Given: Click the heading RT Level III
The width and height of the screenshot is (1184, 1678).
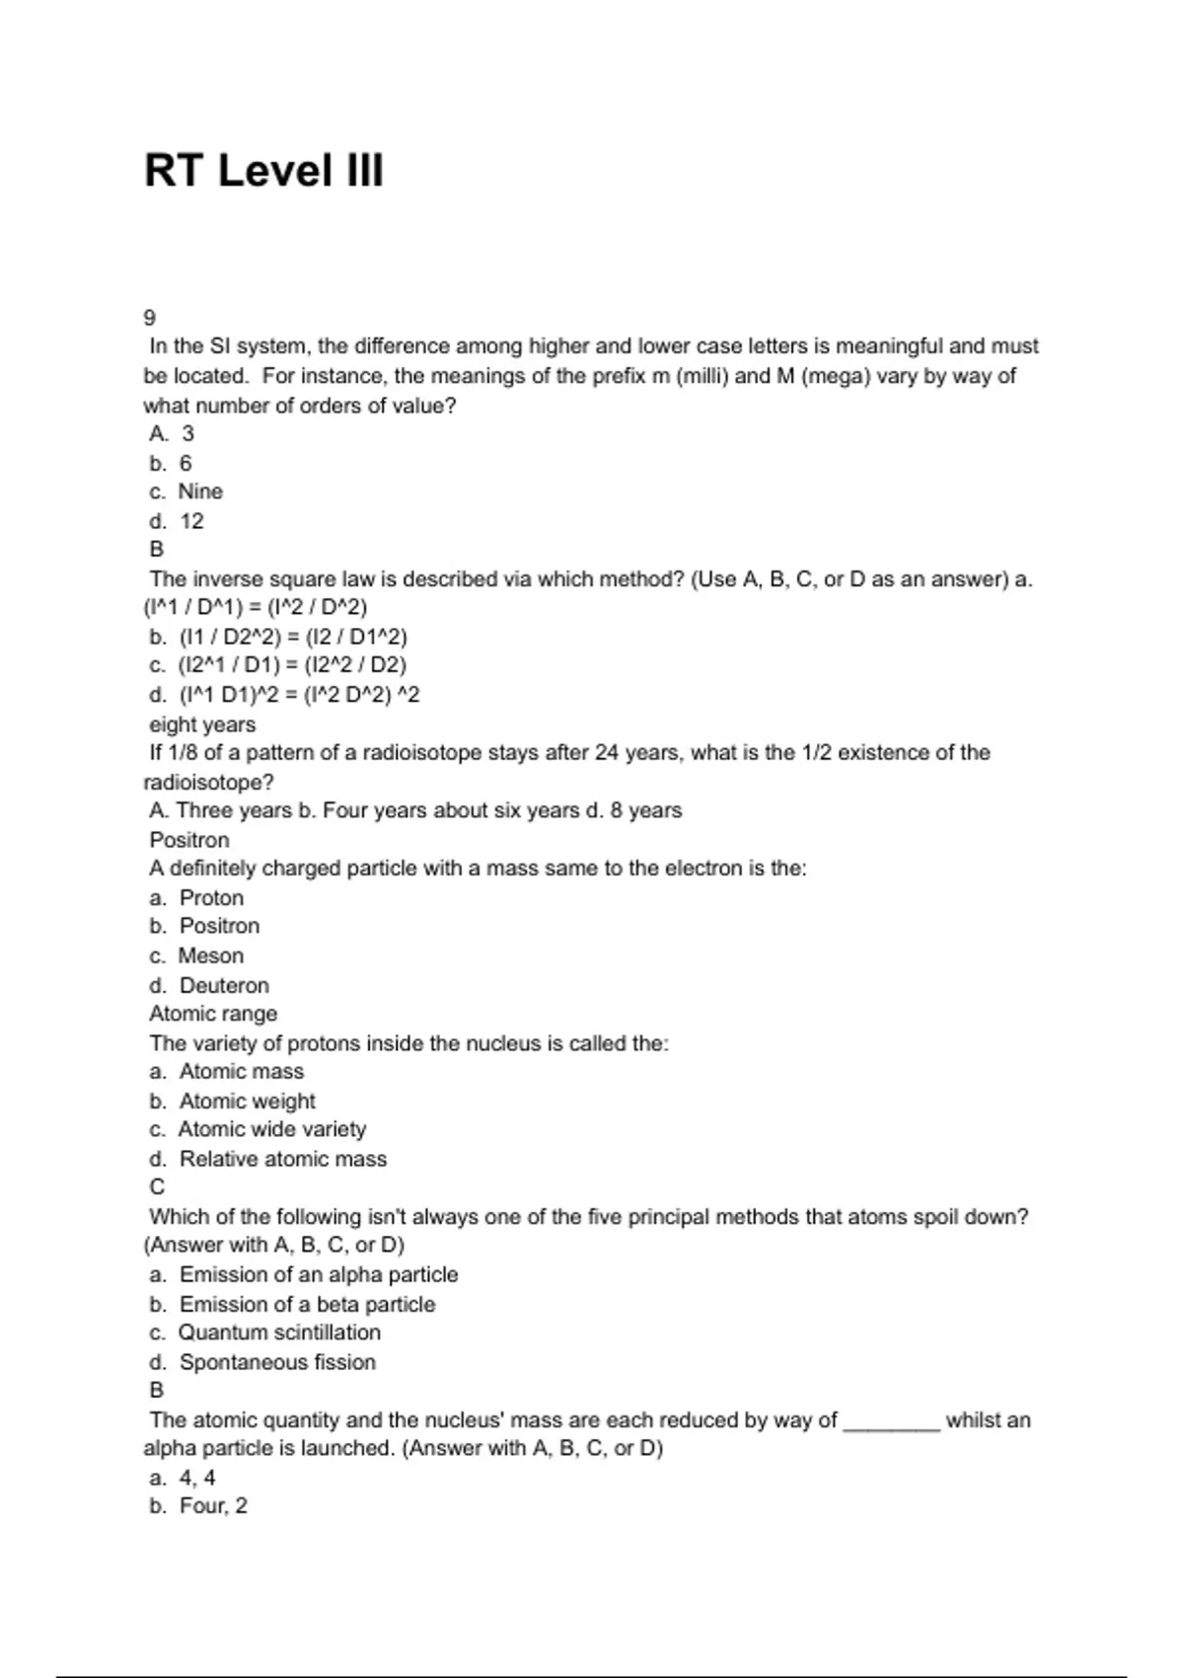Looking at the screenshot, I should [x=263, y=171].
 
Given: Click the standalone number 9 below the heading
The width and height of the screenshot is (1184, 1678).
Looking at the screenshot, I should [x=150, y=318].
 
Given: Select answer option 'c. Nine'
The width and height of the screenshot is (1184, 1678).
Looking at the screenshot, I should [x=186, y=492].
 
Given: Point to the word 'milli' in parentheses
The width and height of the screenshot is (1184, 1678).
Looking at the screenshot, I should [x=703, y=376].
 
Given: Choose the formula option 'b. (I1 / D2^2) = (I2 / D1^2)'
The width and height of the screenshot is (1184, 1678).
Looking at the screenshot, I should [x=278, y=637].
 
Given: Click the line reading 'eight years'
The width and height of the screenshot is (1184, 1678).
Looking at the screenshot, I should [x=202, y=725].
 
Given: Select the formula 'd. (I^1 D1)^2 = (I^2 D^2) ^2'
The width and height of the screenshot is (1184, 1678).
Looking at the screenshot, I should [x=284, y=695].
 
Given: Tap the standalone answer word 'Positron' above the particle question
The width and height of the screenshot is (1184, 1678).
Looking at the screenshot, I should [x=189, y=840].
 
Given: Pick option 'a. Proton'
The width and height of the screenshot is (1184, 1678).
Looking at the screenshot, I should [x=196, y=898].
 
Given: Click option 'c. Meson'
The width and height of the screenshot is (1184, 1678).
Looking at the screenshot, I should [x=196, y=955].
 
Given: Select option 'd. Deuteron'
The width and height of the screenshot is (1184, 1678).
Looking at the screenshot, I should [x=209, y=985].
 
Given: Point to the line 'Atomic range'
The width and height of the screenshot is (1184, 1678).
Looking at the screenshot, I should [x=213, y=1014].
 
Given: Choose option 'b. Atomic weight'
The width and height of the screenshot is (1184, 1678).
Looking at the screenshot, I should [x=233, y=1101].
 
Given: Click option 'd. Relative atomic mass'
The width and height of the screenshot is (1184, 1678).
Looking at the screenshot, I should [x=268, y=1159].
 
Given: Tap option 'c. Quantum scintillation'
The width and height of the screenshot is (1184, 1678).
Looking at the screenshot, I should [x=265, y=1333].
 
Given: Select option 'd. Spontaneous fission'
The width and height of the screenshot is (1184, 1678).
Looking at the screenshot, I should [x=262, y=1362].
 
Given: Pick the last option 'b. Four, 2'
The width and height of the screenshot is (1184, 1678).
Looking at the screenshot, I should [x=198, y=1506].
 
